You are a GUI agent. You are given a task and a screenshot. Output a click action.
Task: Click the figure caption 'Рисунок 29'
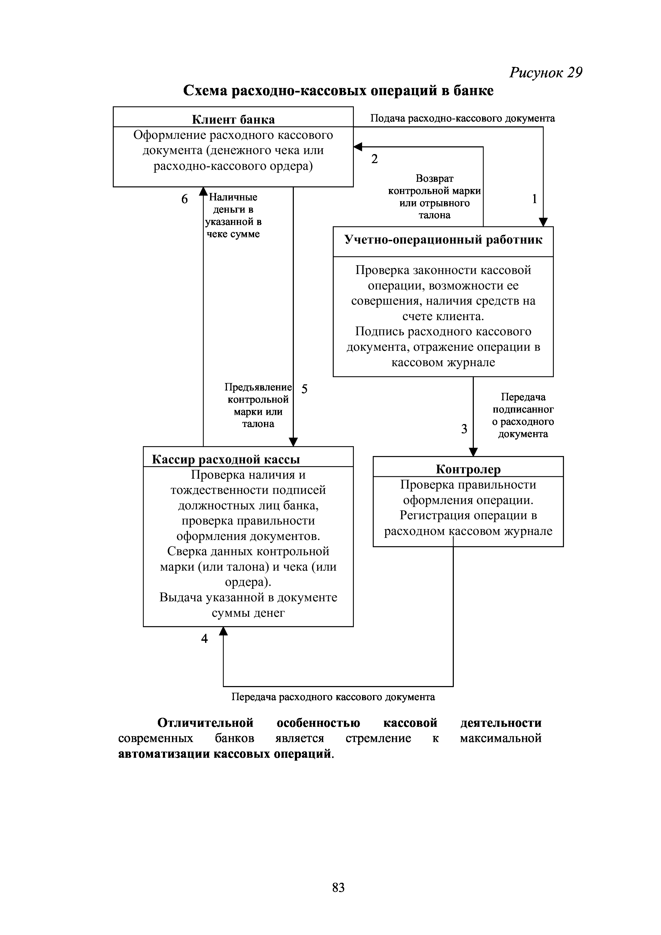point(546,72)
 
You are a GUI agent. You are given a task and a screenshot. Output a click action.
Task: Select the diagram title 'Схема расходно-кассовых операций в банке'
point(338,90)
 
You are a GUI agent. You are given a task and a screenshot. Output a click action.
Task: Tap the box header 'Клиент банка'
point(233,119)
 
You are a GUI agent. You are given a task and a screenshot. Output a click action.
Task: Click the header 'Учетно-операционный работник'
point(443,239)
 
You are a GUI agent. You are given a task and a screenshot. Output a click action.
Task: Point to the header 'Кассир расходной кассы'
point(226,459)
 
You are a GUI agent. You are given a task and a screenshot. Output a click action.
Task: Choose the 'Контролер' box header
point(468,469)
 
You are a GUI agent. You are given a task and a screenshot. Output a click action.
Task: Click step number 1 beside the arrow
point(534,199)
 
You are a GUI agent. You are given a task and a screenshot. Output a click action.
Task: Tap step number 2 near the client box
point(374,159)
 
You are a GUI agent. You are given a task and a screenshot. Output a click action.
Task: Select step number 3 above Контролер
point(464,429)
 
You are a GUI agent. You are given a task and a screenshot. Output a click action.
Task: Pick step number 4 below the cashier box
point(205,639)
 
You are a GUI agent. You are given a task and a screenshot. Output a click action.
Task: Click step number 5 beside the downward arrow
point(304,389)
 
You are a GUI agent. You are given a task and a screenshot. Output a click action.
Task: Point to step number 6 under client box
point(185,199)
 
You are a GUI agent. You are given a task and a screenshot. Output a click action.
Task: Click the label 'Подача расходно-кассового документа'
point(462,119)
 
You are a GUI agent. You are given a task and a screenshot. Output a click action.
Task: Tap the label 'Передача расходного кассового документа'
point(333,697)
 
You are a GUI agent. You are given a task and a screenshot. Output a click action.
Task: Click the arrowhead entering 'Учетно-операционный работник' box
point(543,222)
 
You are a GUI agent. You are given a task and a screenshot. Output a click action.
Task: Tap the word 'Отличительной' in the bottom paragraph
point(205,723)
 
